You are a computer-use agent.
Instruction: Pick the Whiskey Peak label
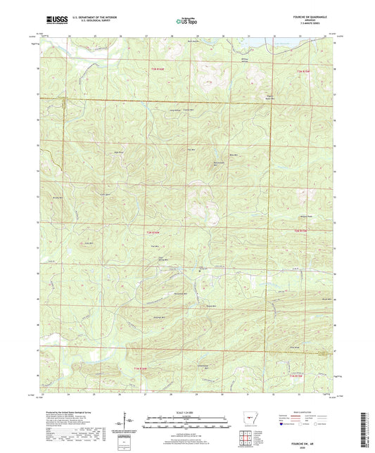305,216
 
